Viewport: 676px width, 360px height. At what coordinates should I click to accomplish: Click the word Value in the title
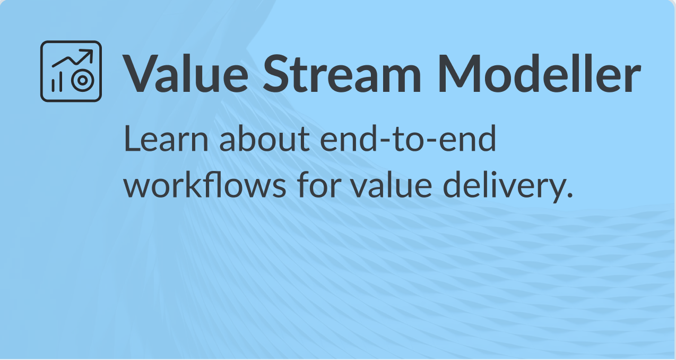coord(185,73)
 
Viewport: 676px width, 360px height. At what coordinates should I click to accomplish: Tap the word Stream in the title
coord(342,73)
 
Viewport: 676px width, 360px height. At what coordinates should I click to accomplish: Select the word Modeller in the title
coord(539,73)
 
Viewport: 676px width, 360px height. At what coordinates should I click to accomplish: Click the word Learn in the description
coord(166,139)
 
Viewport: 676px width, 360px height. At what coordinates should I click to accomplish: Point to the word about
coord(264,139)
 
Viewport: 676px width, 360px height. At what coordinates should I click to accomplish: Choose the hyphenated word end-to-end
coord(408,139)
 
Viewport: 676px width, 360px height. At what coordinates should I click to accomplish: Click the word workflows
coord(205,184)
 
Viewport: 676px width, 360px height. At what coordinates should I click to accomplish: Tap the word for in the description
coord(319,184)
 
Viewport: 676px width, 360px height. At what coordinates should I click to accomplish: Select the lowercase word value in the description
coord(392,184)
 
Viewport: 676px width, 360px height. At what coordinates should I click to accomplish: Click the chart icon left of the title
coord(71,71)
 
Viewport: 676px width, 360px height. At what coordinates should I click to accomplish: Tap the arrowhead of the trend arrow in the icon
coord(88,54)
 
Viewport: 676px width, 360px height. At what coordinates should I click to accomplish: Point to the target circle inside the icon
coord(83,81)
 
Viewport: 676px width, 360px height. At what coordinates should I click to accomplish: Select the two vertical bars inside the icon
coord(57,82)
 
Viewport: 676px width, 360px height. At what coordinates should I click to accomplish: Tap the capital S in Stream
coord(277,73)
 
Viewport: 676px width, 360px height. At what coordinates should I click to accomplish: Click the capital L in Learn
coord(133,139)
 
